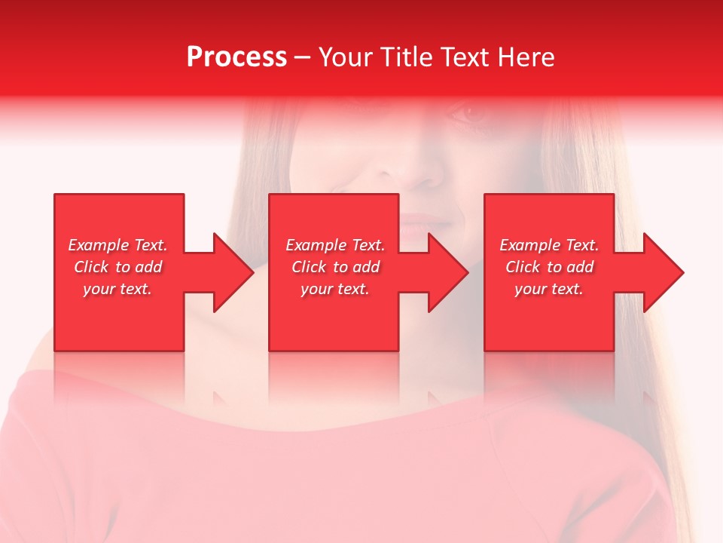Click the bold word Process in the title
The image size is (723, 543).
tap(236, 57)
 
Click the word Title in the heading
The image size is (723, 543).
tap(407, 57)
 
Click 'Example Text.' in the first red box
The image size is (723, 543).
tap(117, 245)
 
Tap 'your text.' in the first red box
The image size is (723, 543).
tap(117, 289)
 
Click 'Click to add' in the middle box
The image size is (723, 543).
tap(335, 267)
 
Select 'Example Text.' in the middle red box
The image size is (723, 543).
tap(335, 245)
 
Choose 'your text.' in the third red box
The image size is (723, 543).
tap(549, 289)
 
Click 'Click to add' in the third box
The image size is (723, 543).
tap(549, 267)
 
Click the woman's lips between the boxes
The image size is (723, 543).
tap(426, 221)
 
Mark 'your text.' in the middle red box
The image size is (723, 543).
tap(335, 289)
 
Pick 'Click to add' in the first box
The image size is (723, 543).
tap(117, 267)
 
